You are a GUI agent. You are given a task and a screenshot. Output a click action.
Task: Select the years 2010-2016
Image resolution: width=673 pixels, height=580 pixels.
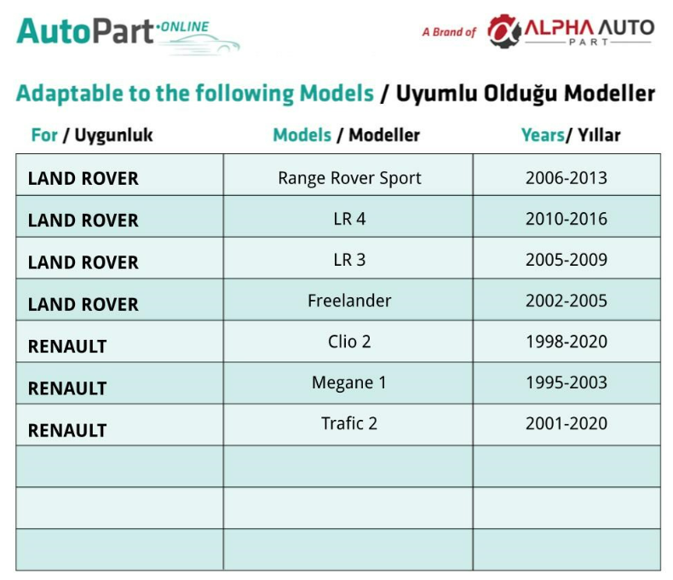pos(567,219)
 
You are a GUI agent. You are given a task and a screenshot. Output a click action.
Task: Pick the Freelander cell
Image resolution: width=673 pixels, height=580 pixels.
pos(349,301)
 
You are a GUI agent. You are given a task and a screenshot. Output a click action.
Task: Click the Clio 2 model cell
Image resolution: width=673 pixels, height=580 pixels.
pos(349,342)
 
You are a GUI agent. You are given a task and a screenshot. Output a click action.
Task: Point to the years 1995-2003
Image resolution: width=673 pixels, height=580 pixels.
pos(567,382)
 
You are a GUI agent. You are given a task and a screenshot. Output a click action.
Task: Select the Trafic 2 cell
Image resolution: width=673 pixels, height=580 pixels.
pos(349,423)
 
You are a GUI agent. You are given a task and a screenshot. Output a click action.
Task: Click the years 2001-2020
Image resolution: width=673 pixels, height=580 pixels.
pos(567,423)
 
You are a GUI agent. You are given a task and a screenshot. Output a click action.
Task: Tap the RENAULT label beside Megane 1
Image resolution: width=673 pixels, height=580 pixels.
pos(67,388)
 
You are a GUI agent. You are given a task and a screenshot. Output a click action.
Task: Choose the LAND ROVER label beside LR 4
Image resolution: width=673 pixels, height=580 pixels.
pos(83,221)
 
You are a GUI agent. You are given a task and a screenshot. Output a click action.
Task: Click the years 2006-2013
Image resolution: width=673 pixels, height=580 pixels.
pos(567,178)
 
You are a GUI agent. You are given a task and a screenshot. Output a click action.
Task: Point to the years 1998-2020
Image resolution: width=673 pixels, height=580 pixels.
pos(567,342)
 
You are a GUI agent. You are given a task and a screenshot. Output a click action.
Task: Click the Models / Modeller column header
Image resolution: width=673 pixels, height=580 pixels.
pos(347,135)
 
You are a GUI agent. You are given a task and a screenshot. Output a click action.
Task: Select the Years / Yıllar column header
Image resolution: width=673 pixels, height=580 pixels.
pos(571,135)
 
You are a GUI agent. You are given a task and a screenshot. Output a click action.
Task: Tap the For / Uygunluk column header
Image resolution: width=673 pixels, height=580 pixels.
pos(92,135)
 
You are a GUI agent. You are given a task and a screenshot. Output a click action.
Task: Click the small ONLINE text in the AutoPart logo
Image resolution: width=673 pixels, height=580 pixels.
pos(185,26)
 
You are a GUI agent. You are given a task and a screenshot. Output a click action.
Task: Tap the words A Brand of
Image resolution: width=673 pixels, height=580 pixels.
pos(450,32)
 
